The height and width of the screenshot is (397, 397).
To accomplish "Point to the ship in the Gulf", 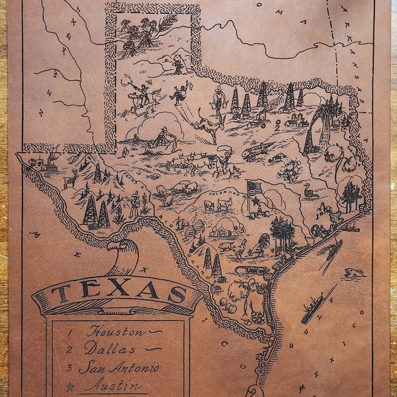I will click(312, 312).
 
